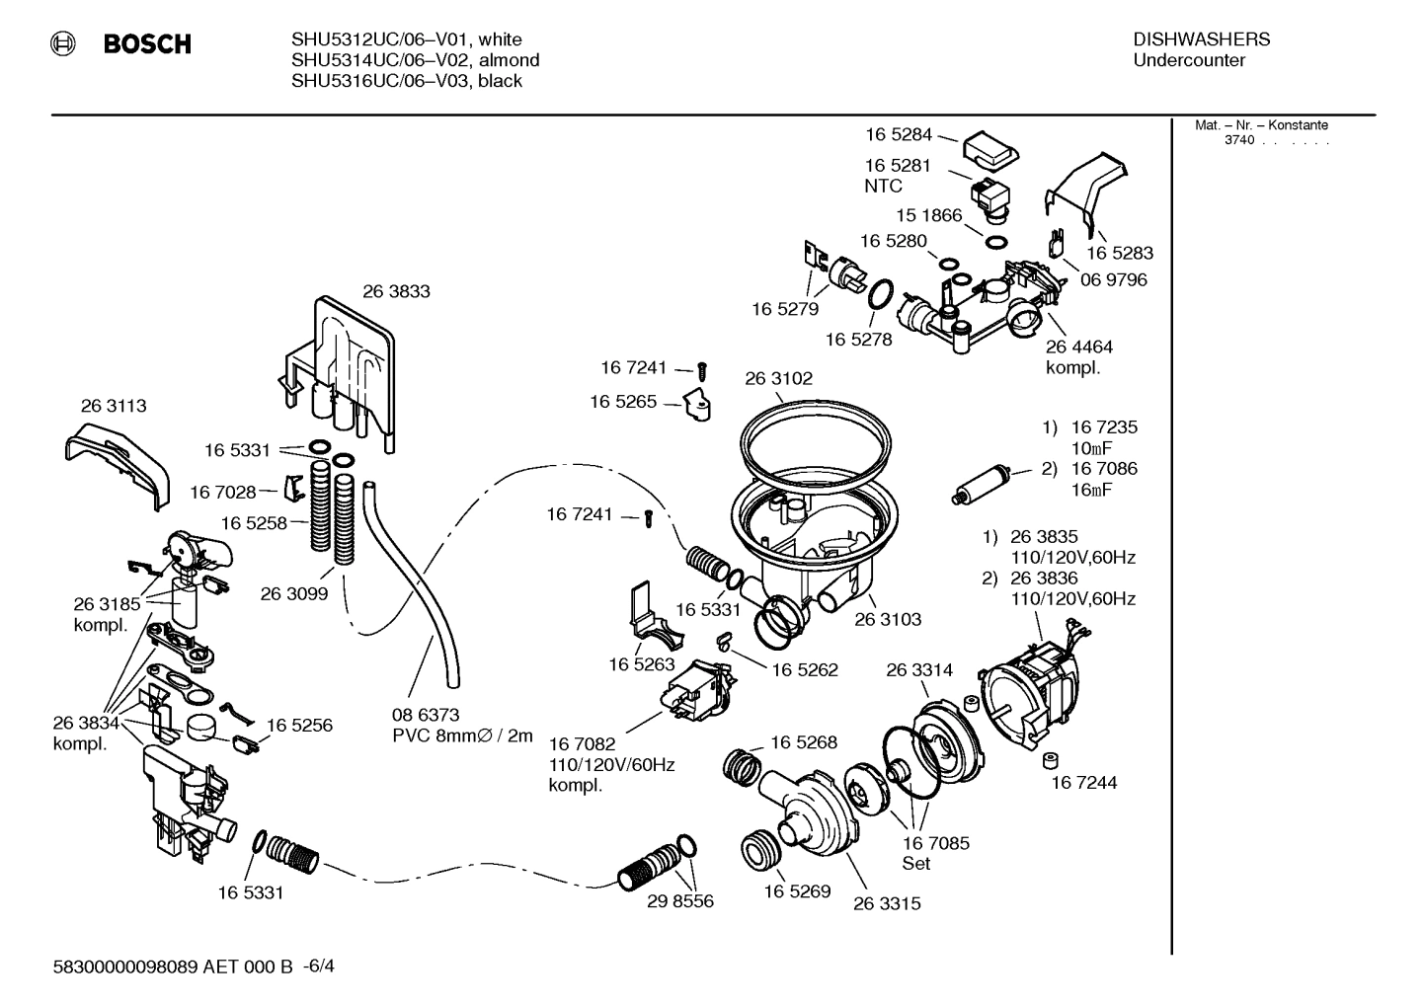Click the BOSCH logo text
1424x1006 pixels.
point(146,44)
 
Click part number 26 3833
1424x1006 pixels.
point(396,291)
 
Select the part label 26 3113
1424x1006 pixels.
point(114,406)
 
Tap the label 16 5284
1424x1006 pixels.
point(899,134)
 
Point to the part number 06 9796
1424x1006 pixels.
point(1113,279)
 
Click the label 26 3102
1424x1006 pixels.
point(778,378)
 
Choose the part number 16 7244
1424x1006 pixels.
point(1083,782)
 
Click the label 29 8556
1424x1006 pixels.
point(679,900)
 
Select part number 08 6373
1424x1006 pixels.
point(426,714)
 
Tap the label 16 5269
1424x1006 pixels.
point(797,890)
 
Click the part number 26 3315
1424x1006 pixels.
point(887,902)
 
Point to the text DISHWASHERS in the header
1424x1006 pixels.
point(1201,39)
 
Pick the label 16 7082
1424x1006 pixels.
point(583,742)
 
